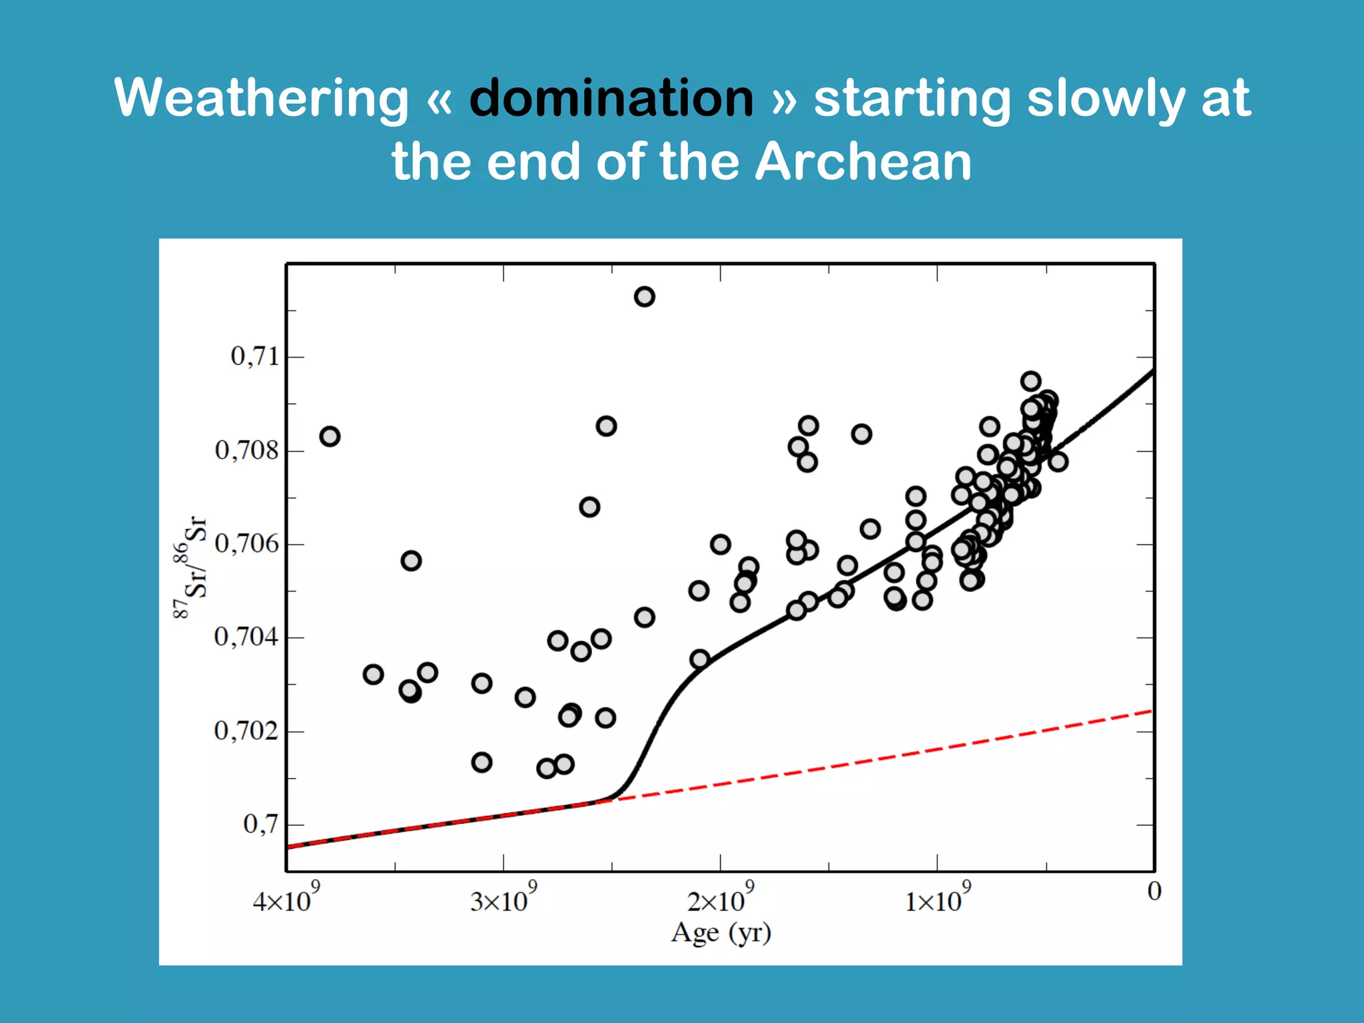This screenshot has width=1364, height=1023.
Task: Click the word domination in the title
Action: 611,99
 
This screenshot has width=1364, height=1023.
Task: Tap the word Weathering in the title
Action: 261,99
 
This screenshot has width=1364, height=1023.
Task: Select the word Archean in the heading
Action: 863,162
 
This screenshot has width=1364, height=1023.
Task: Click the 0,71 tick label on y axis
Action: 255,357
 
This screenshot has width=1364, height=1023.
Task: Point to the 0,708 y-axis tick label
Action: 246,451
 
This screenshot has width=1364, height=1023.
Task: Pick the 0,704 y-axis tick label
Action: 246,637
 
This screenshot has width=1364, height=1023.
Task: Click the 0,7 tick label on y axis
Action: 260,825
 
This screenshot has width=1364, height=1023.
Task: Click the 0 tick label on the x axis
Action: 1154,892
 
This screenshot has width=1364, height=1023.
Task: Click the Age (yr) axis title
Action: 721,932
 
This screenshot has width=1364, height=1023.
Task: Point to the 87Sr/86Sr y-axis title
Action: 191,566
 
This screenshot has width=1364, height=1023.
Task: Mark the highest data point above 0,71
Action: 644,296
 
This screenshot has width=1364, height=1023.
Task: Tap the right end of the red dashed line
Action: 1151,712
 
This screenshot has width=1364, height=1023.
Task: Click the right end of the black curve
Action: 1153,371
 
